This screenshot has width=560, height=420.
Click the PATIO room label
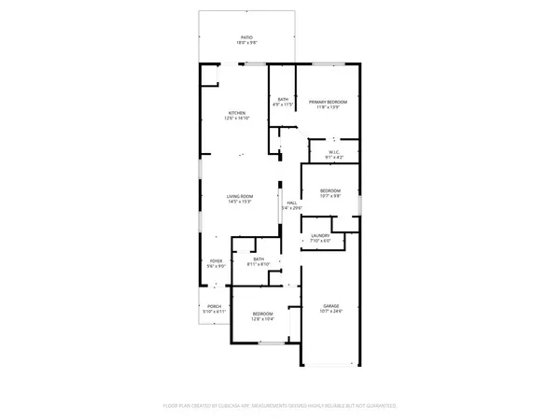(245, 37)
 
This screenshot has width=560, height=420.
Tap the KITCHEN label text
(237, 113)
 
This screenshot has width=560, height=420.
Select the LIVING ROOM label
(240, 196)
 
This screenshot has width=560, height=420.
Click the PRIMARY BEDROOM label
(329, 102)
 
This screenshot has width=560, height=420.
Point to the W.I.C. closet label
(334, 152)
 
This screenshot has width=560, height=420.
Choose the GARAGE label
(331, 305)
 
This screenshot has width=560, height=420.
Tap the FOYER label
(216, 261)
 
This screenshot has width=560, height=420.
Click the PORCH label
(215, 305)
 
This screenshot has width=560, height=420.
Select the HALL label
(291, 203)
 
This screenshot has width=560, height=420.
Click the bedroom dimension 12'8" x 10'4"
(262, 319)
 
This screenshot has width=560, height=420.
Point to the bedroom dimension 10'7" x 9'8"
(330, 196)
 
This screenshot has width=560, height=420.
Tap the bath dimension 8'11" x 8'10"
(259, 265)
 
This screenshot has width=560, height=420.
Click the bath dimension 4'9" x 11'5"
(283, 105)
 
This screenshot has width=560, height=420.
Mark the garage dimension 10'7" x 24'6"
(331, 311)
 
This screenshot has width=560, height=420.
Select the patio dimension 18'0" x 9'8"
(245, 43)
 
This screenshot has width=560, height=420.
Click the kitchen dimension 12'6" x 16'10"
(237, 119)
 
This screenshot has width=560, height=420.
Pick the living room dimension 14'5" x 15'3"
(240, 202)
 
